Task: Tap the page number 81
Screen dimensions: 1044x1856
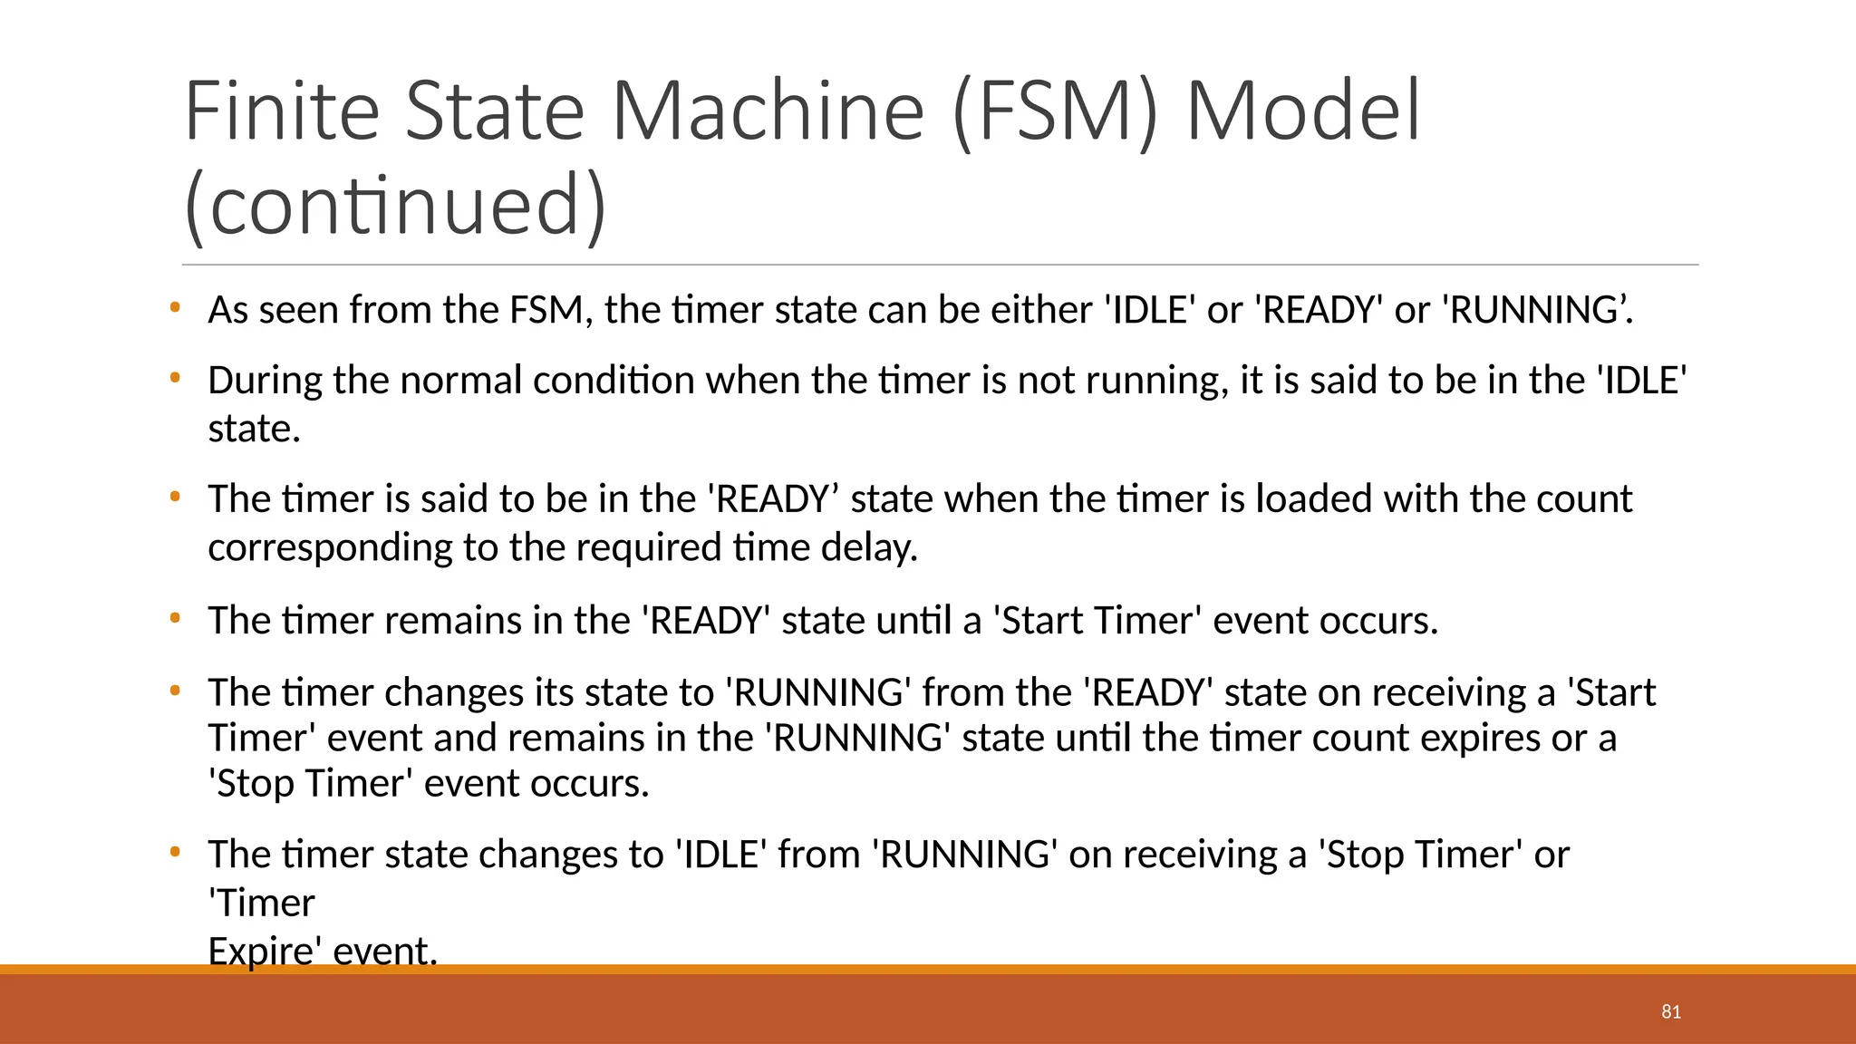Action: coord(1671,1011)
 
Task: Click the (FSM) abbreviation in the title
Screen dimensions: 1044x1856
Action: coord(1056,112)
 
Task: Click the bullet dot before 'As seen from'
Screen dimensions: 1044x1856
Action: coord(175,307)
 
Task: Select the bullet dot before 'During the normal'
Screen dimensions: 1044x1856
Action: coord(175,377)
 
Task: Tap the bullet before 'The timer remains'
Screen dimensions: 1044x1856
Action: coord(175,618)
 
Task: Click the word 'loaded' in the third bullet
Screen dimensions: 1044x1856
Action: coord(1313,499)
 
